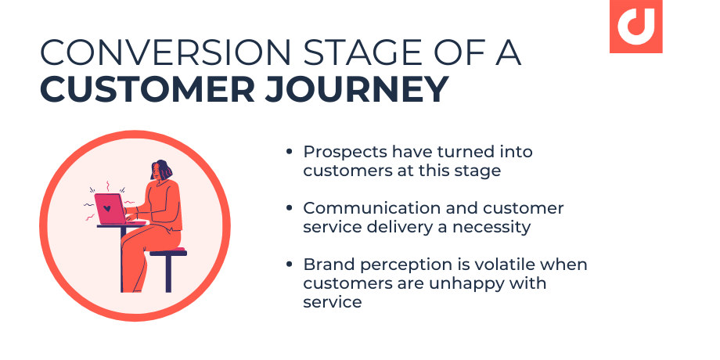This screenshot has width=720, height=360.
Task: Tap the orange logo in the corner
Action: click(x=635, y=25)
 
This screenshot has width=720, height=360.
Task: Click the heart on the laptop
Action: click(x=106, y=209)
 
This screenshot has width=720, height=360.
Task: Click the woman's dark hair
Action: click(x=161, y=169)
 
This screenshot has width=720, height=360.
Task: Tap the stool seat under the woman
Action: click(x=168, y=253)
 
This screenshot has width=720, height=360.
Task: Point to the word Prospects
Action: click(x=343, y=152)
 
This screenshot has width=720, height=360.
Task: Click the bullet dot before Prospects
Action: click(x=290, y=152)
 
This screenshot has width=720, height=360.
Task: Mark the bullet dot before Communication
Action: click(x=290, y=209)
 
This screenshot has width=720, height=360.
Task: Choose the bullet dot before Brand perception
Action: click(x=290, y=265)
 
